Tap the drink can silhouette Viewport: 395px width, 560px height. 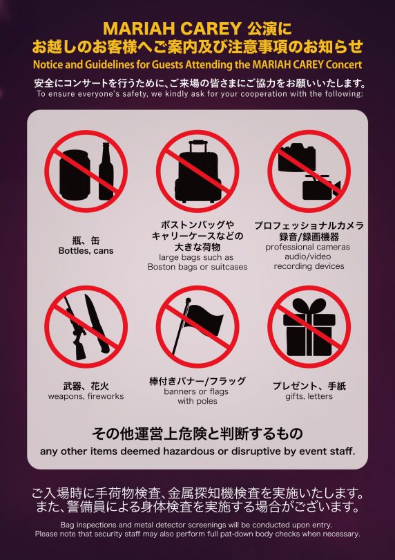click(75, 175)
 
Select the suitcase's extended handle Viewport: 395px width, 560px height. click(198, 147)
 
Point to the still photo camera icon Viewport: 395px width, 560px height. click(298, 157)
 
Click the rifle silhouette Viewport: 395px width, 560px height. click(75, 328)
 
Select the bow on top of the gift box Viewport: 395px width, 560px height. click(309, 306)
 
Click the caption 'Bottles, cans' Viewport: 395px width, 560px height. click(86, 251)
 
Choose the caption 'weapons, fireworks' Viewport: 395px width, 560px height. click(86, 396)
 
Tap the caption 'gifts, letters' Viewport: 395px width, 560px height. click(309, 396)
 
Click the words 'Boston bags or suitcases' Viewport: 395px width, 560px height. click(197, 267)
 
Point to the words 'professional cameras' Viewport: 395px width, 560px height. click(307, 247)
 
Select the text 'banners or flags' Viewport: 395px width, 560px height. click(196, 391)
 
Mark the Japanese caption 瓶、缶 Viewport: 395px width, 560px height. click(86, 241)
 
